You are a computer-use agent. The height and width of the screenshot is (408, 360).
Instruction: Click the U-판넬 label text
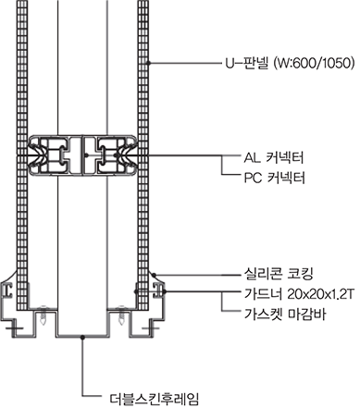tap(246, 63)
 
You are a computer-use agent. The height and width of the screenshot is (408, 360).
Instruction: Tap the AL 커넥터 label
tap(274, 157)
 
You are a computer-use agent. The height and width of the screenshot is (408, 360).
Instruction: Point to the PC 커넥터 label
tap(275, 178)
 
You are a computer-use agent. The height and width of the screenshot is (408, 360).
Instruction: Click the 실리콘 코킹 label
tap(279, 273)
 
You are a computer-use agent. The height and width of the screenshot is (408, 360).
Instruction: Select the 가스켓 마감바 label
tap(285, 315)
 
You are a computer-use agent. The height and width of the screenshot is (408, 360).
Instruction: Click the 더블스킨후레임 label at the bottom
tap(155, 399)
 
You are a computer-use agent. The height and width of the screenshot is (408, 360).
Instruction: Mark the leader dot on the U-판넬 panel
tap(149, 63)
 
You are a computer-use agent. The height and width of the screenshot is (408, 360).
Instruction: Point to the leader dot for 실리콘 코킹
tap(155, 274)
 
